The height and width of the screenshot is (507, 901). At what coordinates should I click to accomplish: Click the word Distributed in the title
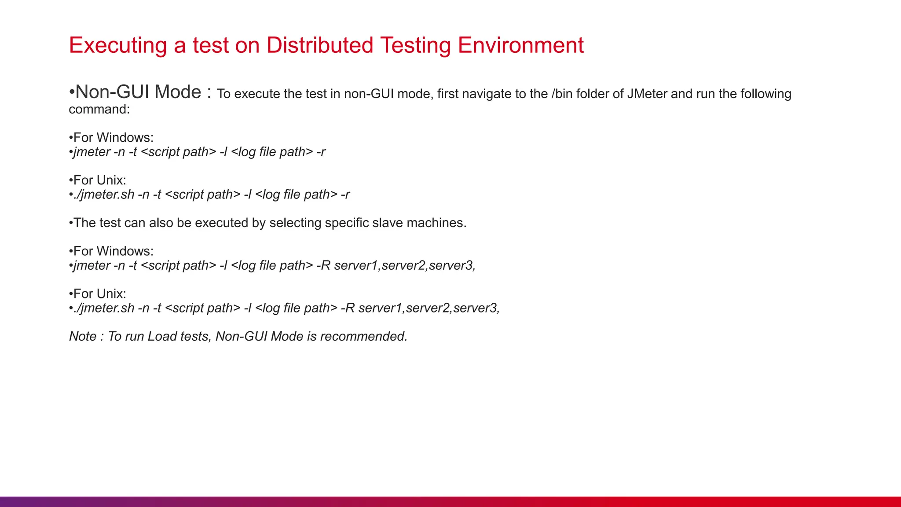coord(319,45)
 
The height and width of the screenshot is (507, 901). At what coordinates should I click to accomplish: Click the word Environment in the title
coord(520,45)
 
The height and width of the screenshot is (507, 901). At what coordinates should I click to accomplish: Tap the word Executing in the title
coord(118,45)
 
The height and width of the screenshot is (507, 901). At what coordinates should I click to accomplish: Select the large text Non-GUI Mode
coord(138,92)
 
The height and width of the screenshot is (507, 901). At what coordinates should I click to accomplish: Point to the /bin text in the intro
coord(562,94)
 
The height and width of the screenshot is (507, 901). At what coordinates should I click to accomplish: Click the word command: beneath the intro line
coord(99,109)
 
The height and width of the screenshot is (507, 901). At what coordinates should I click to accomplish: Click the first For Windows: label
coord(113,137)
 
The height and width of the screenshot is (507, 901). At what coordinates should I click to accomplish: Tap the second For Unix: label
coord(99,294)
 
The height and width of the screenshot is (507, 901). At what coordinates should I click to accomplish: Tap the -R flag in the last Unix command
coord(348,308)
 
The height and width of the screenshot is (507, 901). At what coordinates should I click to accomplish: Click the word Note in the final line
coord(83,336)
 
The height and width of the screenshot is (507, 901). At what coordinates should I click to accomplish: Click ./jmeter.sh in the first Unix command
coord(104,195)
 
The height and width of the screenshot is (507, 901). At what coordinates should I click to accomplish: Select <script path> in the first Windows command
coord(178,152)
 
